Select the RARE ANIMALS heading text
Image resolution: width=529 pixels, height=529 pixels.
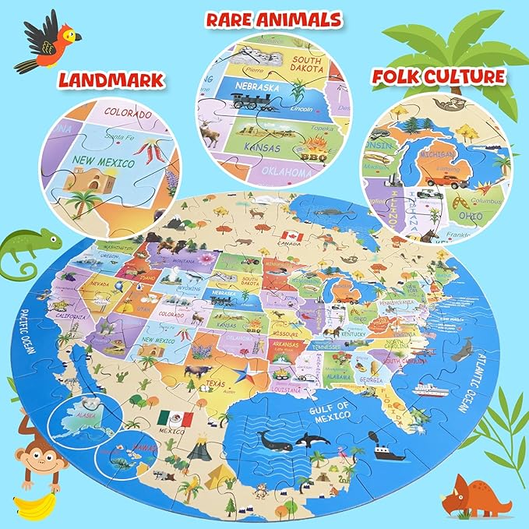point(273,19)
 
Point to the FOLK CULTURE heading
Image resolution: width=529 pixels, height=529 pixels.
point(437,77)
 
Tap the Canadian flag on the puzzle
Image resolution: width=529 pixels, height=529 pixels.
point(292,236)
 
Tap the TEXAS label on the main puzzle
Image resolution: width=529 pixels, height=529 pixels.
point(215,384)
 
